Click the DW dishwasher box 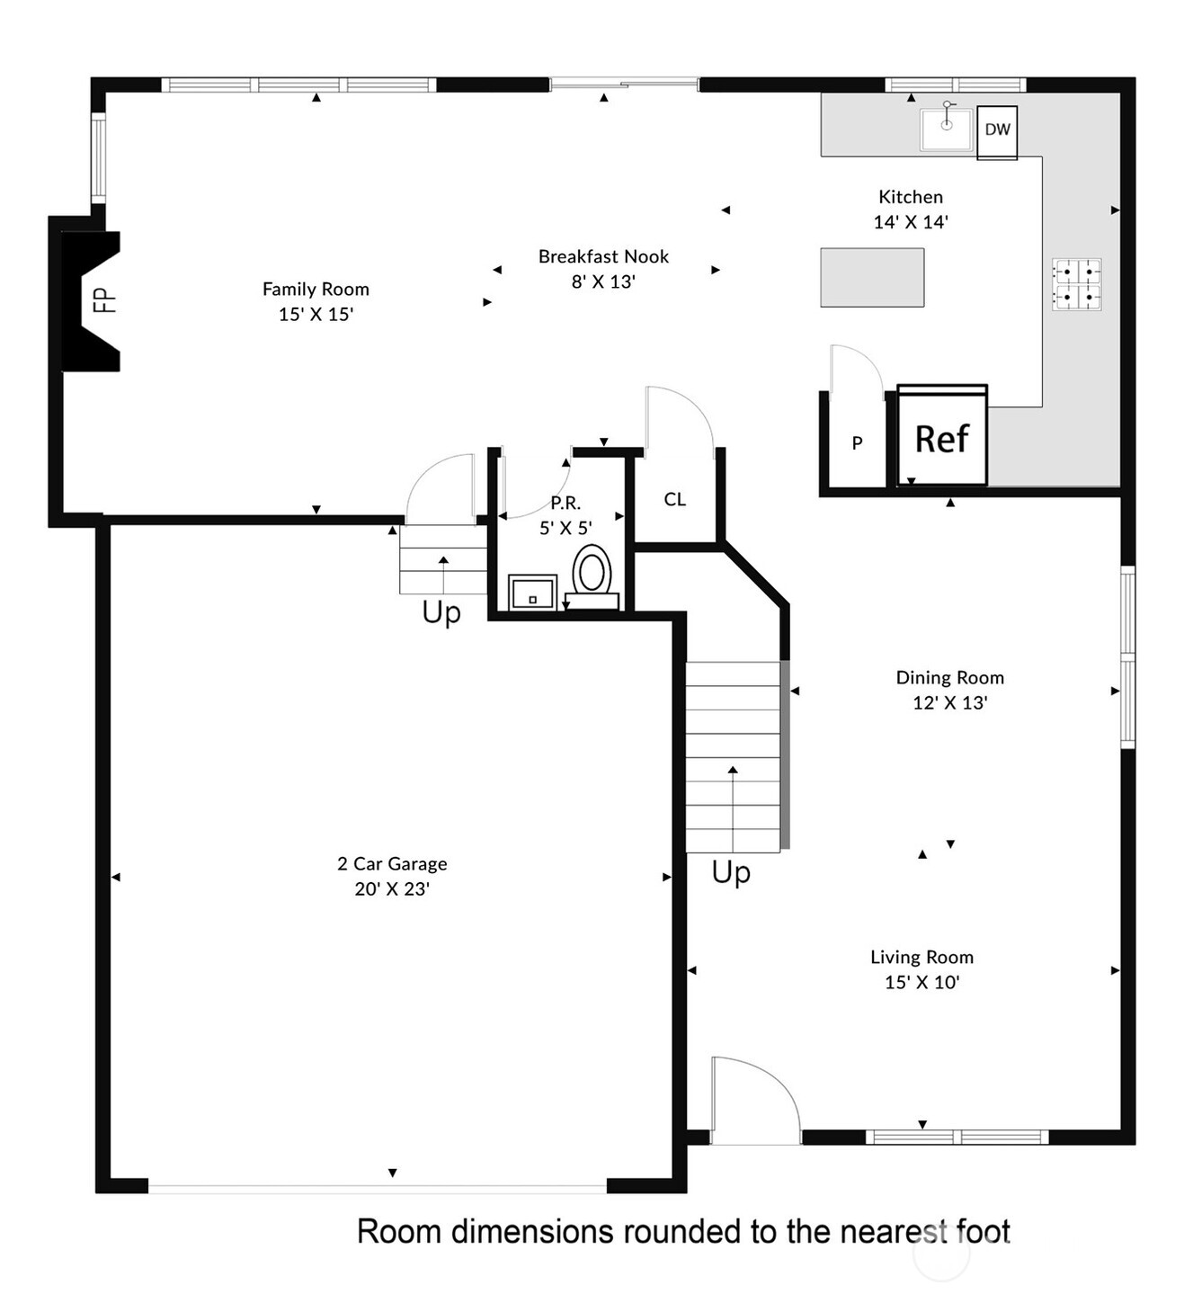coord(996,132)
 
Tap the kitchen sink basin coord(946,129)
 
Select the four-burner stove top coord(1076,284)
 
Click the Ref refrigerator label coord(941,440)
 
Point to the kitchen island coord(872,277)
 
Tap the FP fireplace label coord(105,300)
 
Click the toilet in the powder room coord(592,576)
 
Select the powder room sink coord(532,593)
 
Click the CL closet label coord(674,499)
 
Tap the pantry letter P coord(857,443)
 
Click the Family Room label coord(316,289)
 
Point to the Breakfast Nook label coord(603,257)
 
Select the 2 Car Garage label coord(391,864)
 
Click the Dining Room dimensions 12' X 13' coord(950,702)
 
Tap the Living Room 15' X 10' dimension coord(921,982)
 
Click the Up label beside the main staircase coord(731,873)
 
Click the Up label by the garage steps coord(441,612)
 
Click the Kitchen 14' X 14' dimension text coord(911,222)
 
